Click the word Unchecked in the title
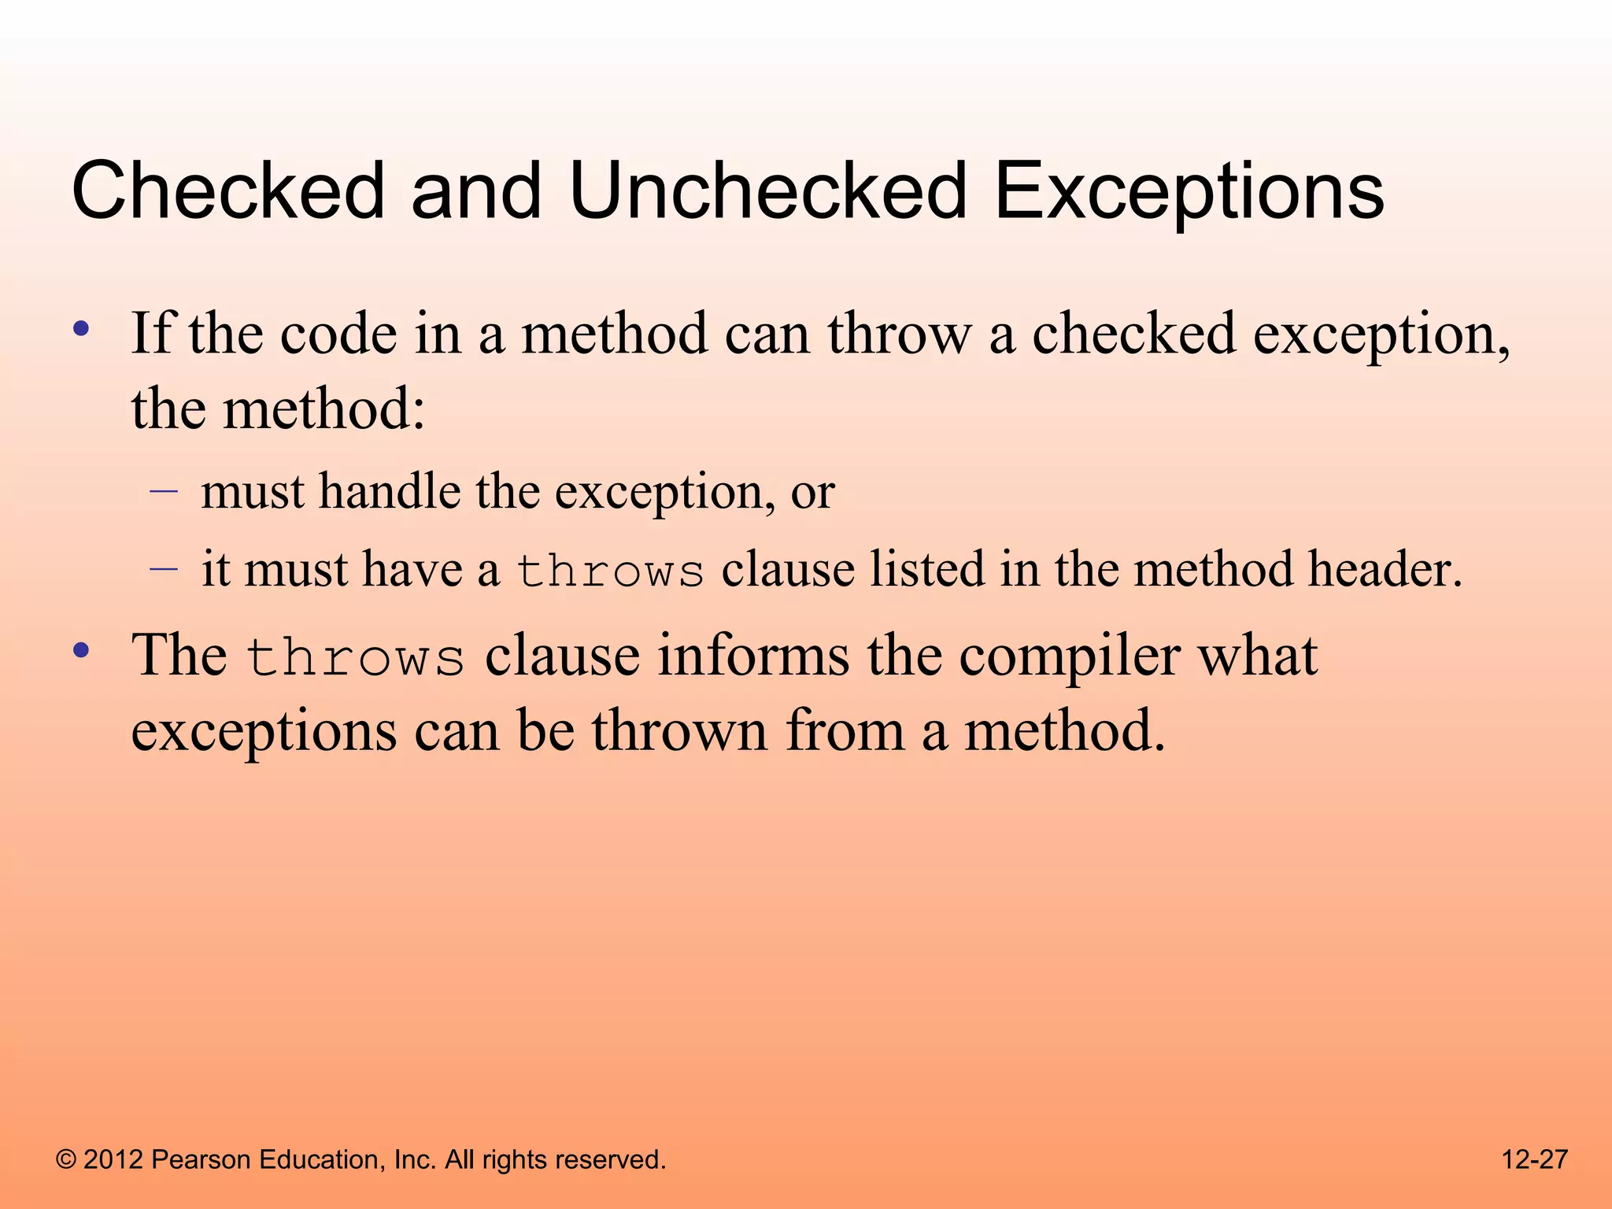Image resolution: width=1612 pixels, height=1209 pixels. tap(767, 190)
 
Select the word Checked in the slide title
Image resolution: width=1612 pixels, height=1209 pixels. tap(228, 190)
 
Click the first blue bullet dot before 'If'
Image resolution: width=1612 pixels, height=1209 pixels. tap(81, 329)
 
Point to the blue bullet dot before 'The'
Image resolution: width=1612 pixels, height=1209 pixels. tap(81, 650)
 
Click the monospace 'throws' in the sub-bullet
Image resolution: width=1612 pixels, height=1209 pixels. tap(610, 571)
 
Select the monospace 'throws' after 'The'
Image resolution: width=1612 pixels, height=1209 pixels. tap(355, 656)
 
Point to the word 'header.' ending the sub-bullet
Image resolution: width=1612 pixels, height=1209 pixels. tap(1385, 568)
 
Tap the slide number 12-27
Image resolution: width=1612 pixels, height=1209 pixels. tap(1534, 1159)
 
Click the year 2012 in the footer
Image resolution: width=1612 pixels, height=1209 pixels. tap(113, 1159)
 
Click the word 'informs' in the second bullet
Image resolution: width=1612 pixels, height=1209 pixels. tap(753, 655)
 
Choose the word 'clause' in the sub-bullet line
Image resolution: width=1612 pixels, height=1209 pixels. tap(788, 568)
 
